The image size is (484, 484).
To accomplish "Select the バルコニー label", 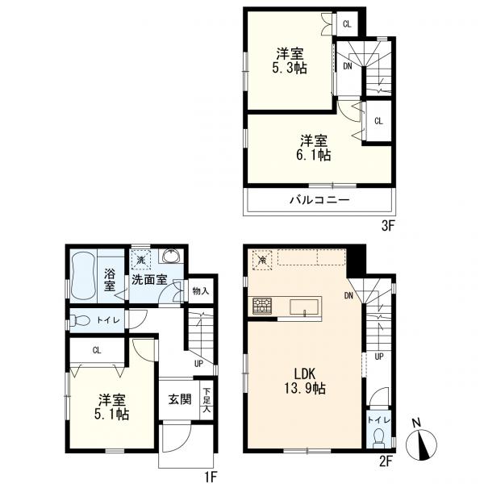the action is point(319,200).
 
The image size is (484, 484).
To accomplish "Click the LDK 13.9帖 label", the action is point(305,381).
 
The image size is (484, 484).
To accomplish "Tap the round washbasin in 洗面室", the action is point(173,257).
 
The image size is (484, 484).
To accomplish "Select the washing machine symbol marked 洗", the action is point(140,260).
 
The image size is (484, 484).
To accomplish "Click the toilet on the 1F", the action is point(80,321).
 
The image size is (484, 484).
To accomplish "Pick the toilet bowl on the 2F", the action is point(378,439).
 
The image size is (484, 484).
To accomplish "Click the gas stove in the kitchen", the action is point(262,306).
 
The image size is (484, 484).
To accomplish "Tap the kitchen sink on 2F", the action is point(304,307).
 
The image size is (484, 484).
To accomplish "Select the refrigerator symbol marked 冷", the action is point(262,261).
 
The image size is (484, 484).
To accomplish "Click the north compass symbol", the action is point(421,443).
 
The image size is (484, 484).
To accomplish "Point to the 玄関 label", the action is point(180,399).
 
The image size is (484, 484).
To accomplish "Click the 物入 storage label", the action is point(201,290).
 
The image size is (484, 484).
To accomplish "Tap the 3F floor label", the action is point(388,226).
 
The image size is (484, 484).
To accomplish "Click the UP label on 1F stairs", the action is point(199,364).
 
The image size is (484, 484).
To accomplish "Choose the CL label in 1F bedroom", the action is point(97,350).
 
